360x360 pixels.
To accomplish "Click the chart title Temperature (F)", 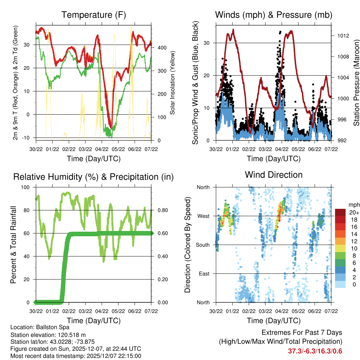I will tap(94, 15).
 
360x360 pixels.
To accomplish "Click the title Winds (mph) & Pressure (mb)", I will tap(274, 15).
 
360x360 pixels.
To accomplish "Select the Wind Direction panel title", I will tap(274, 175).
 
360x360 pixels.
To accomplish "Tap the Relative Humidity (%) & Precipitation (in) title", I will tap(94, 177).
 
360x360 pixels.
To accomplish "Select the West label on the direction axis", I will tap(204, 216).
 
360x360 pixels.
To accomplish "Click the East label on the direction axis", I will tap(204, 274).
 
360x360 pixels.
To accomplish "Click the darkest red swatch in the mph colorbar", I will tap(340, 212).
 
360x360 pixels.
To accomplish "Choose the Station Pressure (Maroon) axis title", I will tap(356, 83).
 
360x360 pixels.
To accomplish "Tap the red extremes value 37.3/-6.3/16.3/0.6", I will tap(315, 351).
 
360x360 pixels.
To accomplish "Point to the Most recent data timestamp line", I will tap(76, 356).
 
